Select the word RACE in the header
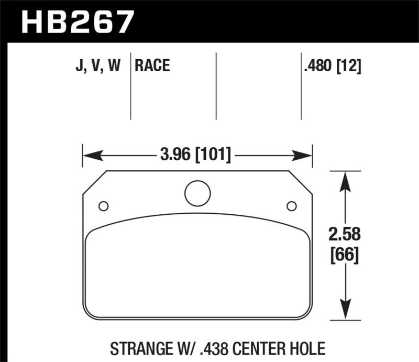click(x=152, y=66)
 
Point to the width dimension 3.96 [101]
click(x=194, y=155)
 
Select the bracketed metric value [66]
click(x=344, y=257)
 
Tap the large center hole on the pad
click(x=197, y=193)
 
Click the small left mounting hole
click(x=103, y=205)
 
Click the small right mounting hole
click(x=291, y=205)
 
